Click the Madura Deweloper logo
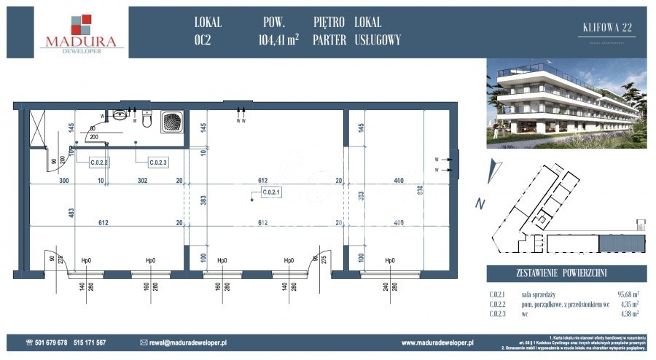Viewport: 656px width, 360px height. (82, 33)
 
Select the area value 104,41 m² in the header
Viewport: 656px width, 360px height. (278, 41)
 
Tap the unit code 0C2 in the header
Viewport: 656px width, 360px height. (208, 41)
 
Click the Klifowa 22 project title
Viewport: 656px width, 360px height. (606, 28)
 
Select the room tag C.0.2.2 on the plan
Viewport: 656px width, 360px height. (99, 163)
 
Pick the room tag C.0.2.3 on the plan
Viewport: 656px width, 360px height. (158, 163)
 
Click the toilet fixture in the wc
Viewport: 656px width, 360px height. (147, 119)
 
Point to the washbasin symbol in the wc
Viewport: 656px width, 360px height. (120, 115)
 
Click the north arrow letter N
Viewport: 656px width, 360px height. (479, 204)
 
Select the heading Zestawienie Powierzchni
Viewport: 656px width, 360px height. (567, 274)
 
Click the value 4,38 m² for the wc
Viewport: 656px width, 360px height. (628, 313)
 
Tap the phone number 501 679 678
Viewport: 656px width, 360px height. (51, 343)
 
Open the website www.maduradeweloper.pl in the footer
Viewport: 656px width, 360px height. (437, 343)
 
